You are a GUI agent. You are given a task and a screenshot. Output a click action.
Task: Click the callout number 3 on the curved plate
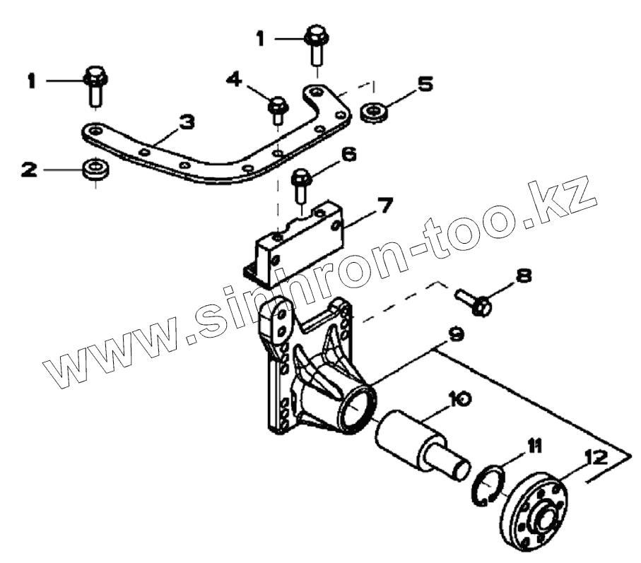click(x=186, y=123)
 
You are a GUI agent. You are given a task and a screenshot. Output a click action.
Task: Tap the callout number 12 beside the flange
click(x=596, y=458)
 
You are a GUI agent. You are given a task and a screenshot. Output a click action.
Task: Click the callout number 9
click(x=456, y=333)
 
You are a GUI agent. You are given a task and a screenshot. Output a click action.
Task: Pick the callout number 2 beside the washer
click(x=29, y=170)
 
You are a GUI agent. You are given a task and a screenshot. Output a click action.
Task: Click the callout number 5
click(x=424, y=85)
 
